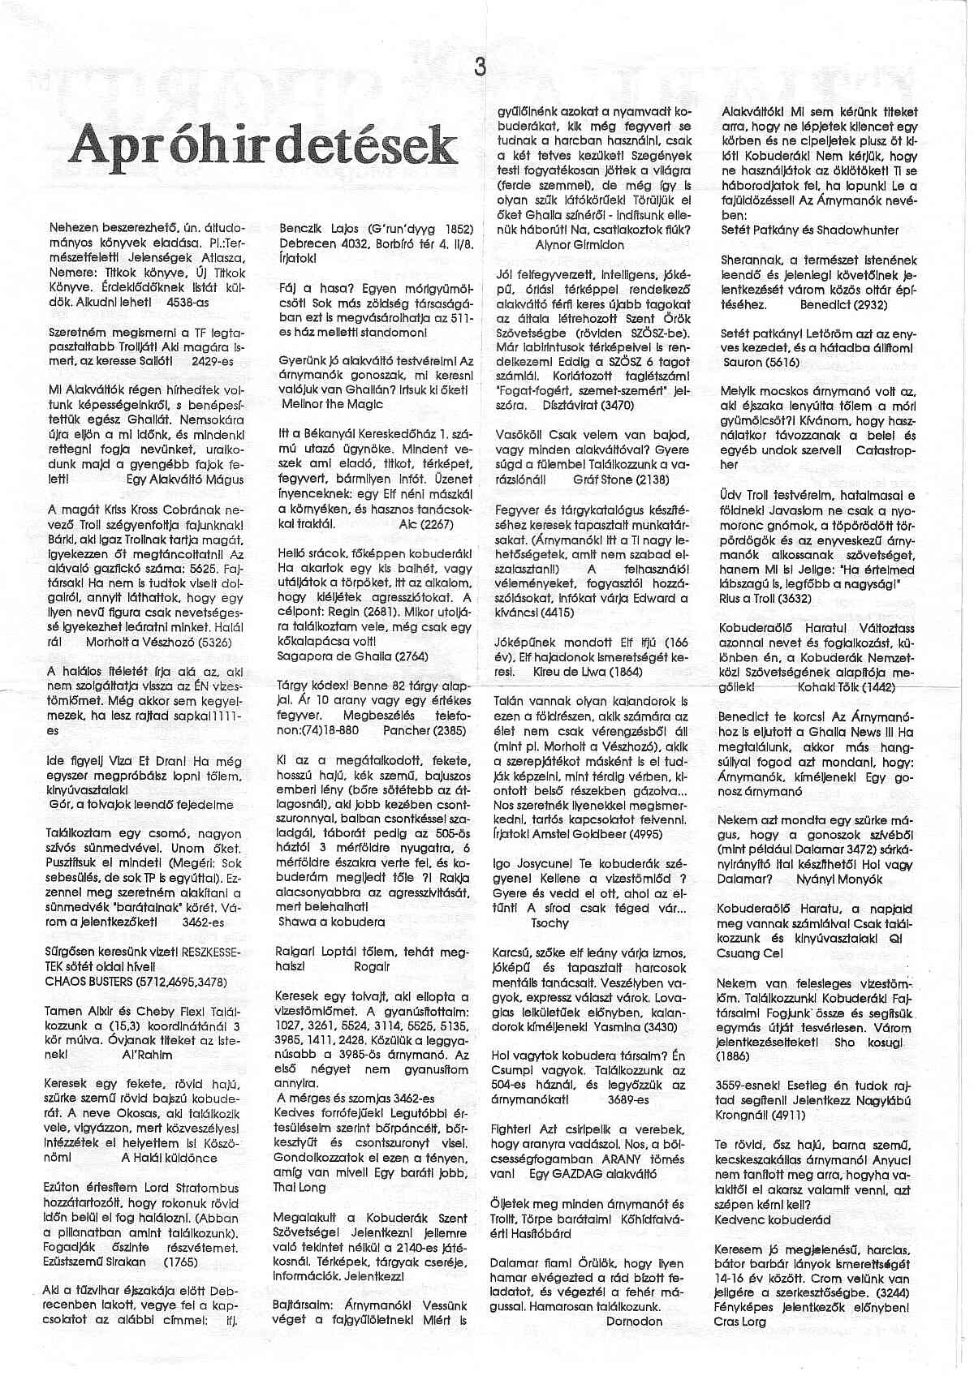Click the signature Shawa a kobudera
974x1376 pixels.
point(331,922)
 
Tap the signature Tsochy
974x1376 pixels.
point(549,922)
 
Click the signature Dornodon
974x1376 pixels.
point(634,1321)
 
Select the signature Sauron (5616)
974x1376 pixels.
point(752,362)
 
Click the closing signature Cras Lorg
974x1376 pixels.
point(740,1321)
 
